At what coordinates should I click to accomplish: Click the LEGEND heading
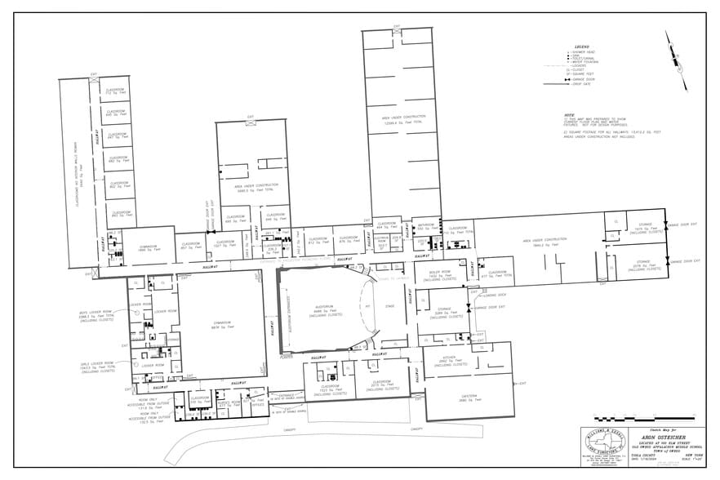(582, 47)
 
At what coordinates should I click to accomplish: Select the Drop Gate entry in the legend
(583, 84)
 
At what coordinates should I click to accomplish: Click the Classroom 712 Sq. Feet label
(115, 91)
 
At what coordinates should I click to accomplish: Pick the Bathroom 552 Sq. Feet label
(425, 225)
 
